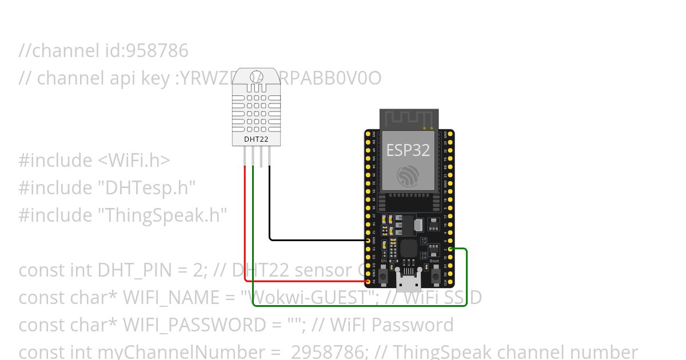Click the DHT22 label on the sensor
[x=256, y=139]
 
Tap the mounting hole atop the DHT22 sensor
[x=256, y=79]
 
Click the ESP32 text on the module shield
[x=408, y=150]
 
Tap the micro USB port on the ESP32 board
[x=408, y=281]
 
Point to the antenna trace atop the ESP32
[x=408, y=119]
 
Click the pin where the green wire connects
[x=450, y=249]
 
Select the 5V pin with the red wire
[x=368, y=281]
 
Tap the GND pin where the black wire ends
[x=368, y=240]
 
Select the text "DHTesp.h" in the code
[x=147, y=187]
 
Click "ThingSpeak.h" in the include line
[x=162, y=215]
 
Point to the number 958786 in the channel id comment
[x=157, y=51]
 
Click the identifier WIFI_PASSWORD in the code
[x=194, y=325]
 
